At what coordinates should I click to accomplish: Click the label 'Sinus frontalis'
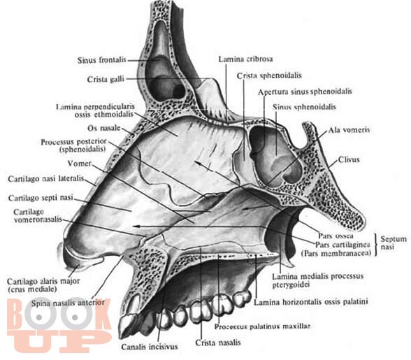click(102, 60)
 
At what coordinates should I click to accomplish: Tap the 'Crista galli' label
click(106, 79)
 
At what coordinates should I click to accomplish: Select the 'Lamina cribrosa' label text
click(245, 59)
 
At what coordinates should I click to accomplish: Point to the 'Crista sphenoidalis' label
click(269, 75)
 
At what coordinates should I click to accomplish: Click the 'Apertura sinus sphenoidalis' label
click(305, 92)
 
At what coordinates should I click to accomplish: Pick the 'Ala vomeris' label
click(349, 130)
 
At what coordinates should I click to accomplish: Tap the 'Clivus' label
click(349, 159)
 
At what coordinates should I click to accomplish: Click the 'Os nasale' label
click(103, 128)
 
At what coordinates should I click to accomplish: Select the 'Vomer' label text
click(79, 164)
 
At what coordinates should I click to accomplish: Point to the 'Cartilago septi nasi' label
click(41, 198)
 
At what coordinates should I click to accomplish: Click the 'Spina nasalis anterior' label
click(68, 303)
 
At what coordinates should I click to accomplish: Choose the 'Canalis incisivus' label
click(150, 347)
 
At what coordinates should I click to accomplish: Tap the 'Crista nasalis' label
click(218, 343)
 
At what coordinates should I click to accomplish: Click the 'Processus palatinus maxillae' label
click(262, 326)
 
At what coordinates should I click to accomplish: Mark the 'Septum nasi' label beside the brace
click(393, 243)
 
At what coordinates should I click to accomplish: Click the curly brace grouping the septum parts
click(376, 245)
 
